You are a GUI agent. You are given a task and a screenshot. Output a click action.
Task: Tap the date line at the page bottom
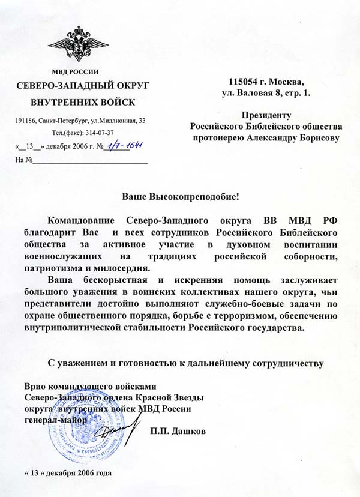pos(68,471)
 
